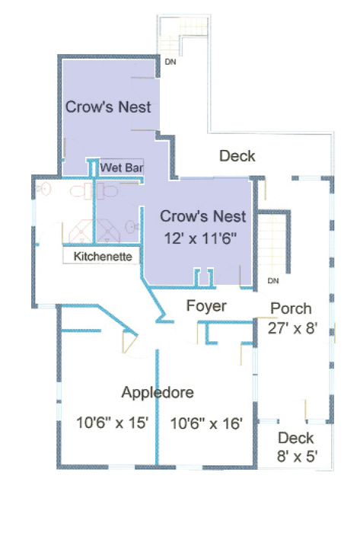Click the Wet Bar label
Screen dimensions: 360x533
pos(122,168)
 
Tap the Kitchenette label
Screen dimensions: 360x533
pos(103,257)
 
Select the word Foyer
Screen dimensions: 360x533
pos(206,306)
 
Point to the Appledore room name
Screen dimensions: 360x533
pos(158,392)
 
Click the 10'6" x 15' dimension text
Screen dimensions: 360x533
pos(112,423)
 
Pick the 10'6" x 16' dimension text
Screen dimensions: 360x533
pos(206,423)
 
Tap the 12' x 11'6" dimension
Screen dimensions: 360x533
pos(200,238)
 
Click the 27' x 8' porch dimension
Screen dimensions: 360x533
pos(292,328)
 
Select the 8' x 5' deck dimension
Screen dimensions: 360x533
pos(297,456)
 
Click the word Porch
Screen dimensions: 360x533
pos(291,308)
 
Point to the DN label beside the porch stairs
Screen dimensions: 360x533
pos(273,281)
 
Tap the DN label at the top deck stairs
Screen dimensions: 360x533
pos(170,62)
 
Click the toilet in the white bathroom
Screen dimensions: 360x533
pos(81,190)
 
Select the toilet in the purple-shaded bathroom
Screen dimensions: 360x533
pos(107,191)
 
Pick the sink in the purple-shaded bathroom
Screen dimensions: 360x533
pos(131,226)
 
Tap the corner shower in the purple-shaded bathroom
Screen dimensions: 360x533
pos(107,231)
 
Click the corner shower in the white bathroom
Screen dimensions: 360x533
pos(81,231)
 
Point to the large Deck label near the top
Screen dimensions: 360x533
pos(237,156)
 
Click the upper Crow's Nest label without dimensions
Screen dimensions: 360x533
pos(108,107)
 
